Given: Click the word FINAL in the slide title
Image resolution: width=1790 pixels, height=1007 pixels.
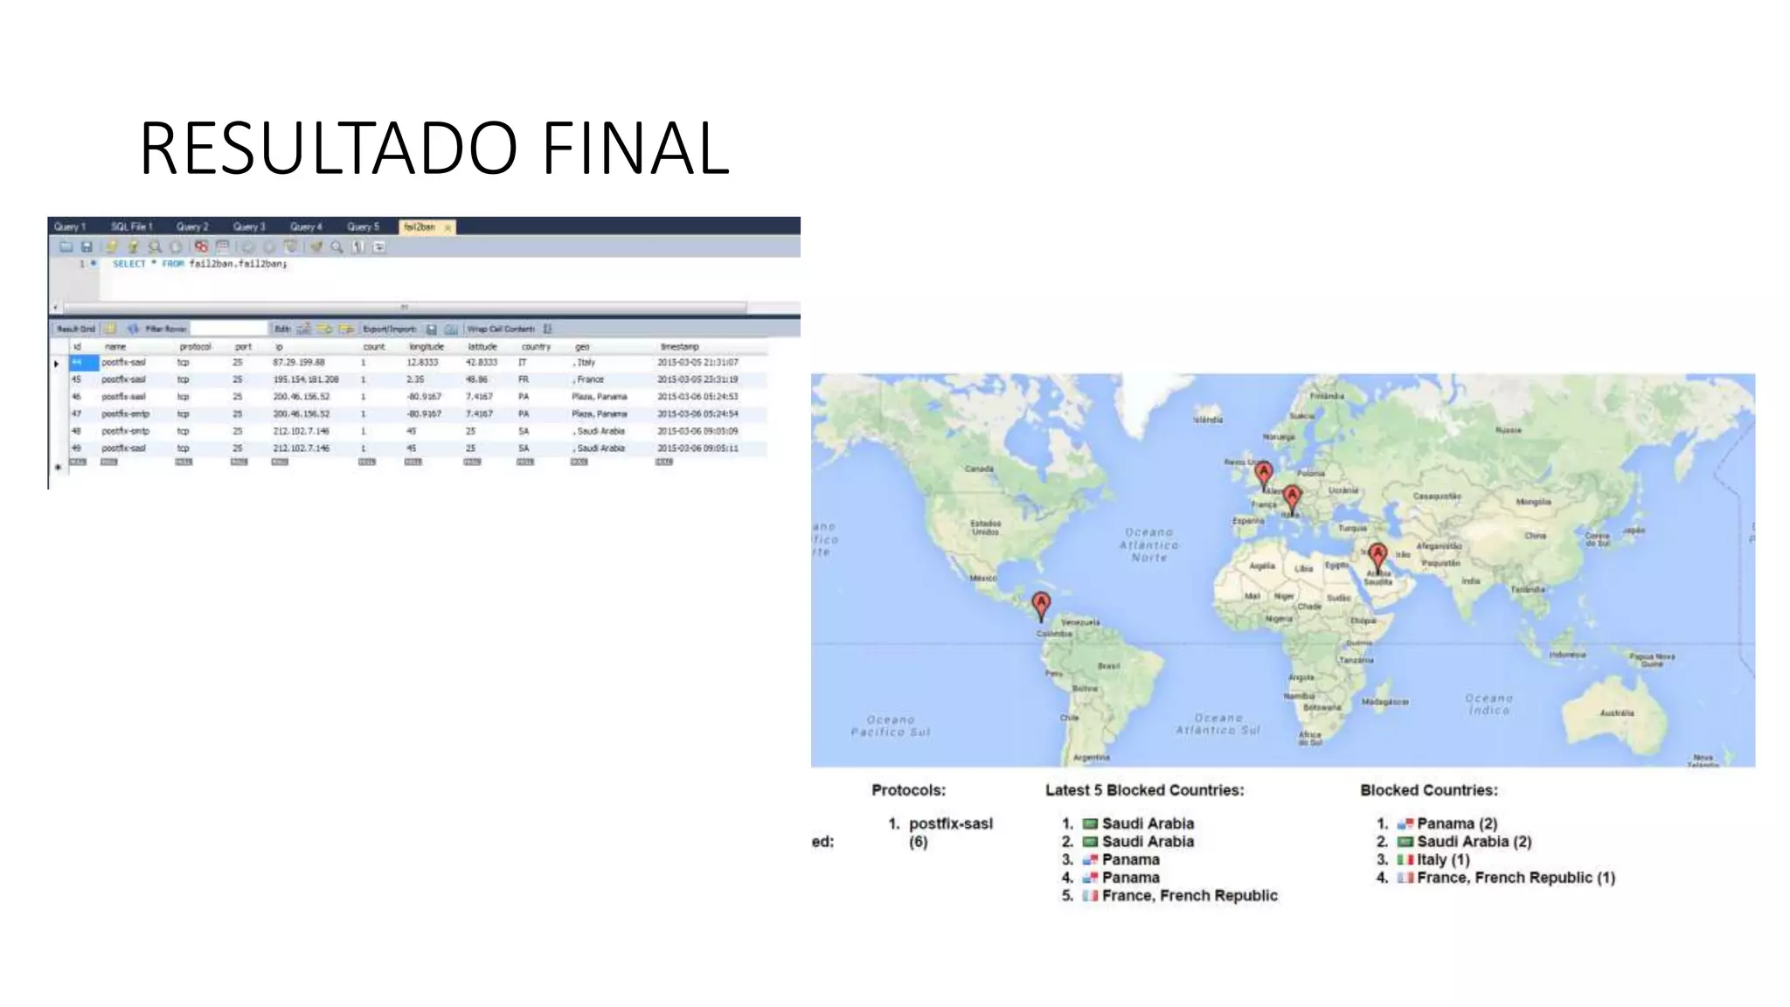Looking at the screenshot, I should click(635, 149).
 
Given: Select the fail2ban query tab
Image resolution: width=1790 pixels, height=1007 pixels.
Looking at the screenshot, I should click(420, 227).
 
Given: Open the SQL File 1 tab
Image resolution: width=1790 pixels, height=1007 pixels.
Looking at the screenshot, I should click(131, 227).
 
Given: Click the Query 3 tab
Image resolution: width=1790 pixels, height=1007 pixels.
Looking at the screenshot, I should click(249, 227).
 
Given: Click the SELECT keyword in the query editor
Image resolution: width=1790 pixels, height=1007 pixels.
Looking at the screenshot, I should click(129, 264).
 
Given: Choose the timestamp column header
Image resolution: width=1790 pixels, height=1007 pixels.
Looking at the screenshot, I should click(679, 347).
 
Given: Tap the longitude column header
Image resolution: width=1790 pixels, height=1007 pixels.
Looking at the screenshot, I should click(427, 347).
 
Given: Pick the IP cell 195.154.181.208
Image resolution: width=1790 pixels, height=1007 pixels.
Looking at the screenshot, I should click(305, 379).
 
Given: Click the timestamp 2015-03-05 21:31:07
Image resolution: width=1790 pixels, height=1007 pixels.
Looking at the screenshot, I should click(697, 362).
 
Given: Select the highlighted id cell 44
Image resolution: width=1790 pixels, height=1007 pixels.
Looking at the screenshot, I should click(83, 362).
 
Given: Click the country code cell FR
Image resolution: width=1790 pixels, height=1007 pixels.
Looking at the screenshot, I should click(524, 379).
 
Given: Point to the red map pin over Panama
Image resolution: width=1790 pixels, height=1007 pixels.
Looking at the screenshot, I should click(1041, 604).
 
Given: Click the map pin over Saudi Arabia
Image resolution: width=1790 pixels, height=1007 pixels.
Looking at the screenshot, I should click(1377, 555).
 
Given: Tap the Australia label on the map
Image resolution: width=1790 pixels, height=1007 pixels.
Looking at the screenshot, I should click(1616, 713).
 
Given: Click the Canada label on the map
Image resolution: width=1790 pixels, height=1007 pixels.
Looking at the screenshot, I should click(979, 469).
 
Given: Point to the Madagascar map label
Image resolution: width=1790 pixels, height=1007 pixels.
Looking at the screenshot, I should click(1384, 702).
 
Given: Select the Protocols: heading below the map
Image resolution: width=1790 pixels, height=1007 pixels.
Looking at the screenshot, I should click(908, 790).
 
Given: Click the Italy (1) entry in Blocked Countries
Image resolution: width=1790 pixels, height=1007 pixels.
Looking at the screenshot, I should click(1443, 859).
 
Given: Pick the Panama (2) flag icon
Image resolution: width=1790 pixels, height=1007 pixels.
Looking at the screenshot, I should click(1405, 823).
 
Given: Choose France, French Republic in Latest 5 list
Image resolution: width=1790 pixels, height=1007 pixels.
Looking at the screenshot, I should click(1189, 895).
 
